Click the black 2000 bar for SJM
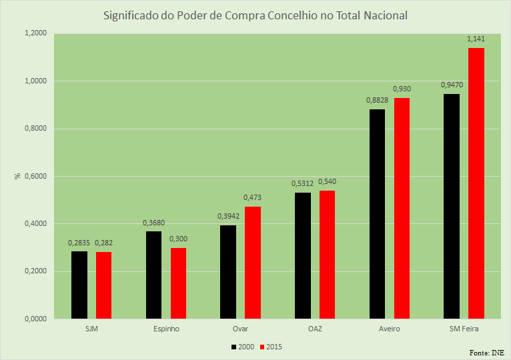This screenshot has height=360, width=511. tap(79, 285)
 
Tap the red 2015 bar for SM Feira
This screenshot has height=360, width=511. tap(476, 183)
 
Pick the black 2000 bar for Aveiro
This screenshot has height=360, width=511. tap(377, 213)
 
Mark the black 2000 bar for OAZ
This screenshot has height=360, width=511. tap(302, 255)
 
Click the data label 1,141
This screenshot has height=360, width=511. tap(476, 39)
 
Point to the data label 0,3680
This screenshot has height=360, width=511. tap(153, 223)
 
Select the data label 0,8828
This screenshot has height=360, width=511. tap(377, 100)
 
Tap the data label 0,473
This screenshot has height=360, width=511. tap(253, 197)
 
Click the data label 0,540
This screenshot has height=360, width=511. tap(327, 181)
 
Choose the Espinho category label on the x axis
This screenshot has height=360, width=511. tap(165, 329)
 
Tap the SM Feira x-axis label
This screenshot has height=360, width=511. tap(464, 329)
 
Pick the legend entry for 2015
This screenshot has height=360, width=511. tap(271, 347)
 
